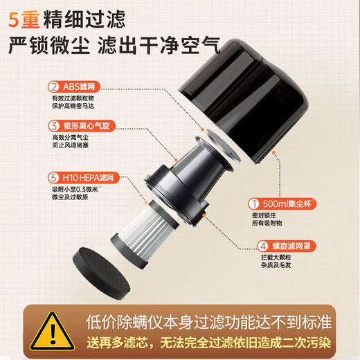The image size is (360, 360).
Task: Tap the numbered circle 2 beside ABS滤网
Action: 53,87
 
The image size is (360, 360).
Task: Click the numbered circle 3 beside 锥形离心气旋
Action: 53,125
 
